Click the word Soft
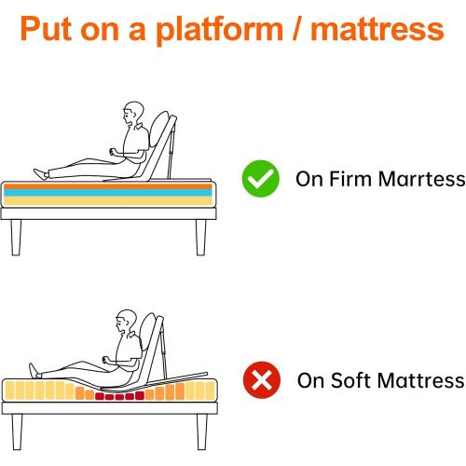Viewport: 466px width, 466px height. [x=352, y=380]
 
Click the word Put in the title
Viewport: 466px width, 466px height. [x=49, y=30]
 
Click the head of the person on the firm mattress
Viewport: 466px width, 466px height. [x=132, y=114]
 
